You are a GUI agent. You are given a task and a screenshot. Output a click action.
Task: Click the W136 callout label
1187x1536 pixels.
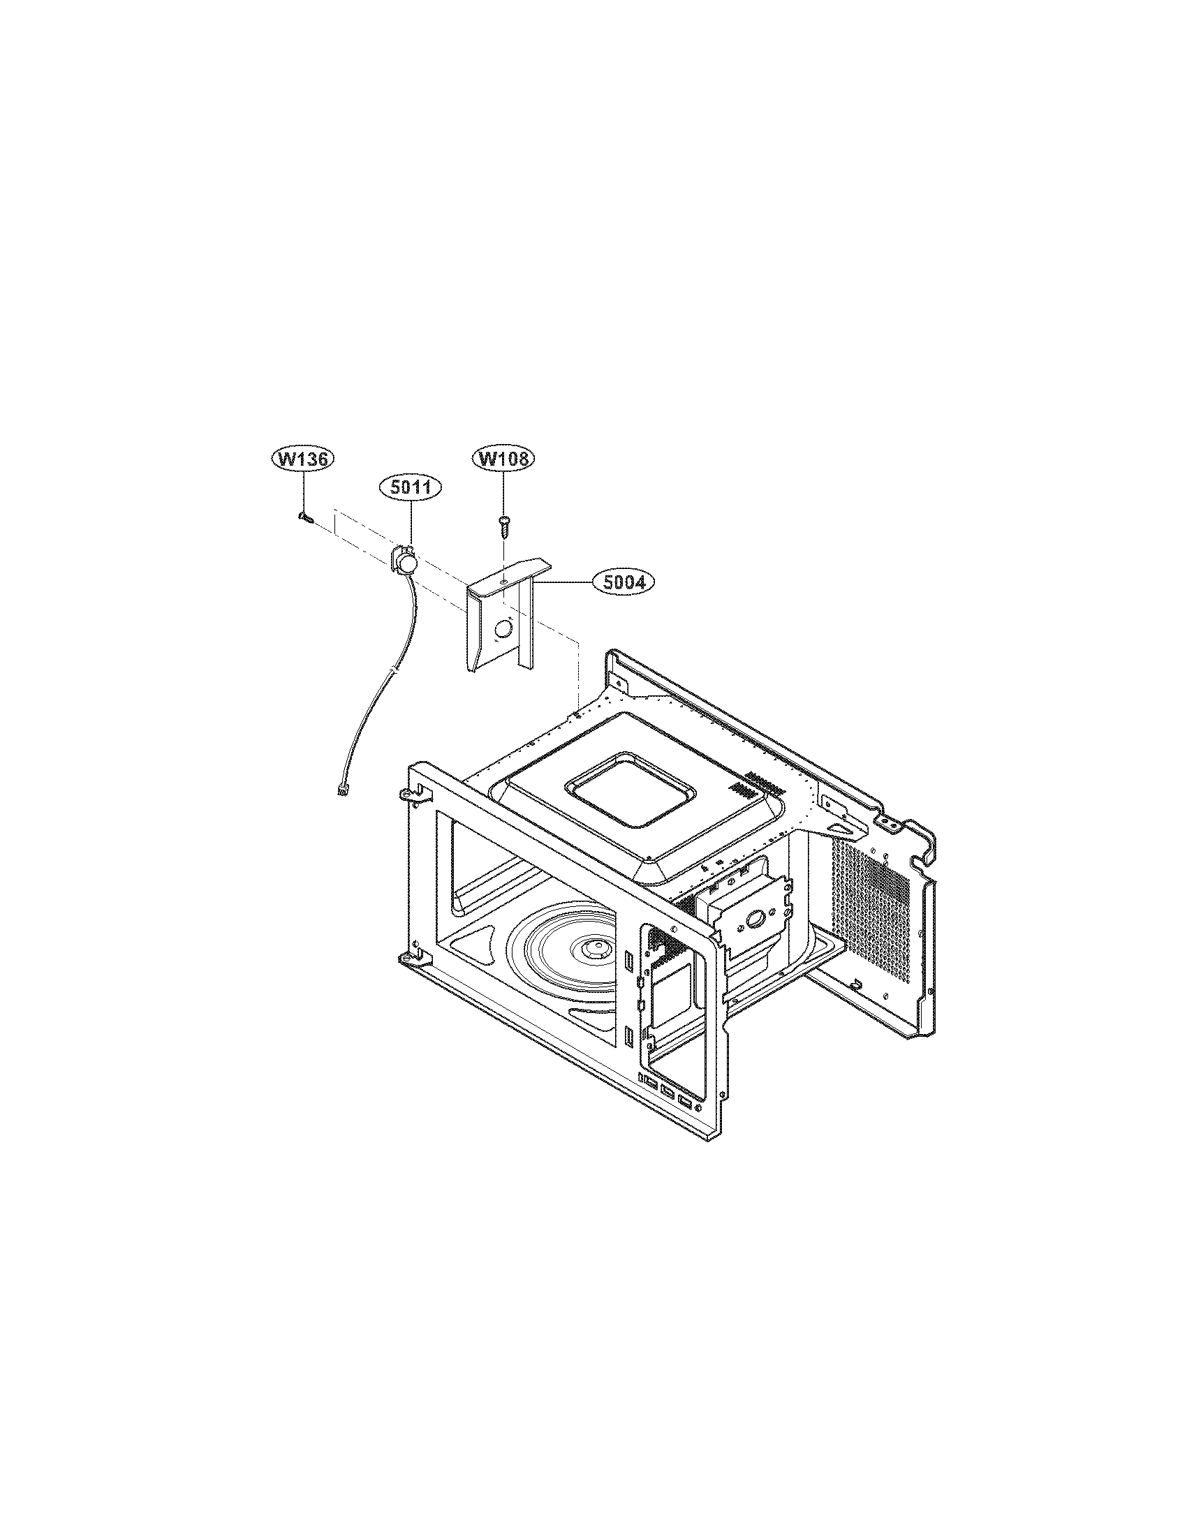click(x=303, y=459)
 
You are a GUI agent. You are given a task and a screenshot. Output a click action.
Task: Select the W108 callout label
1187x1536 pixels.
click(x=503, y=459)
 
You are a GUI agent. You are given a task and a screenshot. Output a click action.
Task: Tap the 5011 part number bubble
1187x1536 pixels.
click(x=410, y=487)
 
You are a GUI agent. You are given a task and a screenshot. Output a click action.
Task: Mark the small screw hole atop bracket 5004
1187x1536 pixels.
click(x=505, y=581)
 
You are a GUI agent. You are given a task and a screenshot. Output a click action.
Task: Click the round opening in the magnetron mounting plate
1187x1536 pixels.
click(x=757, y=917)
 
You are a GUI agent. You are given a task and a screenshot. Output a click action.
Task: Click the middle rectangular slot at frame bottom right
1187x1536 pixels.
click(x=666, y=1091)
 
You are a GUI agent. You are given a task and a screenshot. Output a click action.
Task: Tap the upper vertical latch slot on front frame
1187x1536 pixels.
click(x=628, y=959)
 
